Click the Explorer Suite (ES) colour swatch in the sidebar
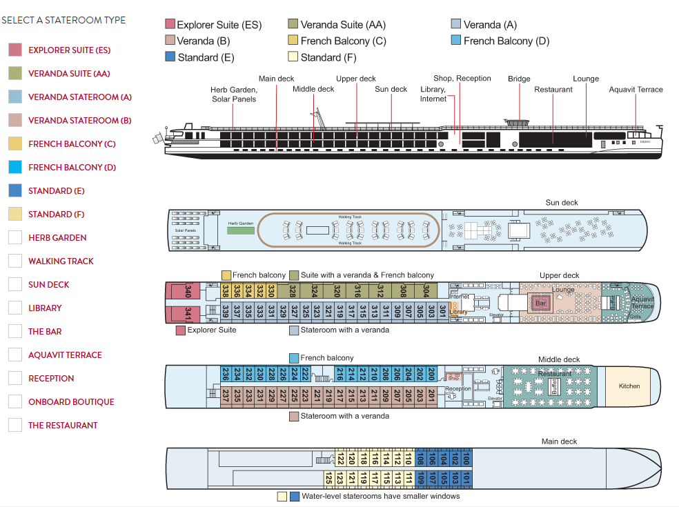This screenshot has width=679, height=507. tap(15, 50)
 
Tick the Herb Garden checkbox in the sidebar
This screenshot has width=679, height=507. tap(15, 237)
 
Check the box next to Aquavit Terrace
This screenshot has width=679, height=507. tap(15, 355)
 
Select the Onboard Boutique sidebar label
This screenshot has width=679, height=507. tap(71, 401)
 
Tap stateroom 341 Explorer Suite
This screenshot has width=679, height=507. tap(188, 313)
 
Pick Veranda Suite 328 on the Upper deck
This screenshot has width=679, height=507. tap(293, 291)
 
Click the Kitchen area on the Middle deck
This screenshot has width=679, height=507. tap(629, 386)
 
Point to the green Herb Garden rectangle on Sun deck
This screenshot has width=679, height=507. tap(241, 229)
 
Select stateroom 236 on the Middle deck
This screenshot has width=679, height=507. tap(225, 374)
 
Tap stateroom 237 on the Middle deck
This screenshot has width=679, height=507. tap(225, 396)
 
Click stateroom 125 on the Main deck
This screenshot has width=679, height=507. tap(329, 478)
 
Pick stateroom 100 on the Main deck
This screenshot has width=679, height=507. tap(466, 458)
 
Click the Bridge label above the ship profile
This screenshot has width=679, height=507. tap(519, 79)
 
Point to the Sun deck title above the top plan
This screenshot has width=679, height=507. tap(561, 203)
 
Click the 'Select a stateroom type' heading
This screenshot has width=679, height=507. tap(63, 20)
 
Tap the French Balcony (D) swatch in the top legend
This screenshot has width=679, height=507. tap(455, 41)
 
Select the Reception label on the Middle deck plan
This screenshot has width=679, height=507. tap(457, 389)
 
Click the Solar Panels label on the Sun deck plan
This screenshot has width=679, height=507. tap(184, 230)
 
